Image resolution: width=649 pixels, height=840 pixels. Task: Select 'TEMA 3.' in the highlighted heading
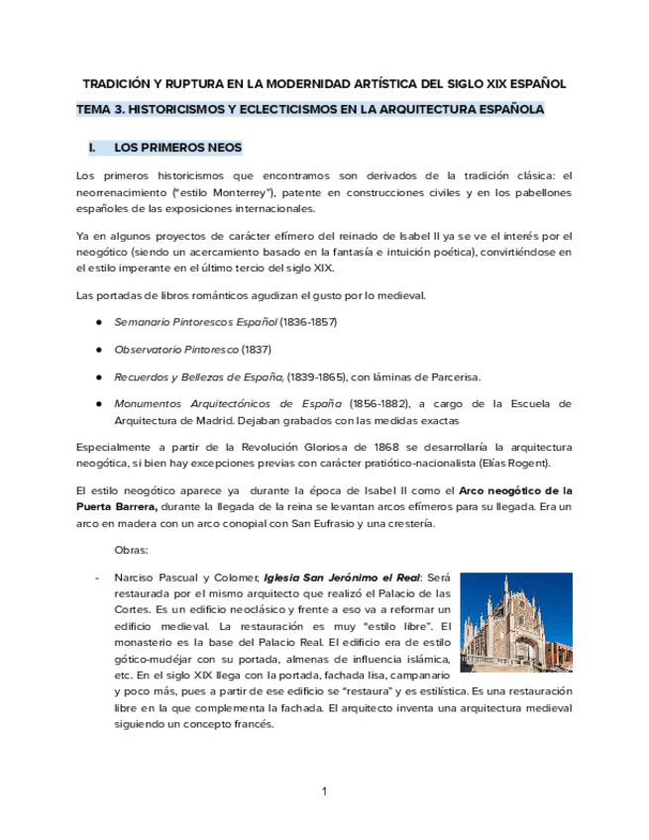101,109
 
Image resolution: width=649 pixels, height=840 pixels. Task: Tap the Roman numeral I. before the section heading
93,148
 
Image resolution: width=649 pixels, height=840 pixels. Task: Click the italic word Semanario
143,323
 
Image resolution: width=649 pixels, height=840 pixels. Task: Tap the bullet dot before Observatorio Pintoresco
100,350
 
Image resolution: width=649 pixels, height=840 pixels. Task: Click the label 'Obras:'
132,549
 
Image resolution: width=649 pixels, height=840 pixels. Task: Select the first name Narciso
135,577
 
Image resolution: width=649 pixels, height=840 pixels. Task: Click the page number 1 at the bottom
324,791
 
